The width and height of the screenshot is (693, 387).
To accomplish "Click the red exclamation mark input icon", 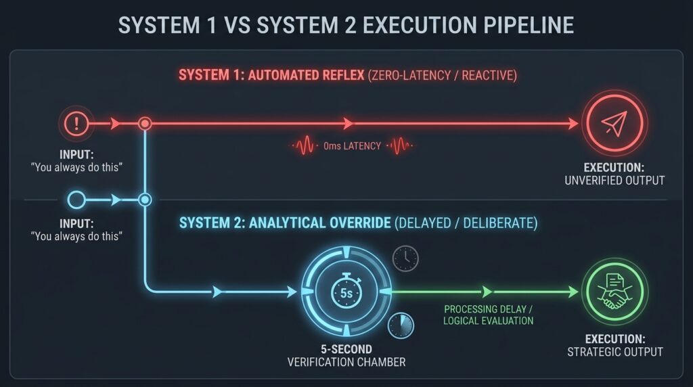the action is point(76,123).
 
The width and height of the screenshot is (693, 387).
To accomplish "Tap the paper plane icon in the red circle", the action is point(614,123).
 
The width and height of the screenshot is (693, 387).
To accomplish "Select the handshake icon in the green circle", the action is point(614,292).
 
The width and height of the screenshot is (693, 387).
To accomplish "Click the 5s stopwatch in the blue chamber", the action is point(346,292).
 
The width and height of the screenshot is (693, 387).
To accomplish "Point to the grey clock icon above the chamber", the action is point(405,258).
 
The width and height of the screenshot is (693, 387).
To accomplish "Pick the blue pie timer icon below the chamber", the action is point(401,325).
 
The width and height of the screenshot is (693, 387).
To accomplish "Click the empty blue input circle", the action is point(76,200).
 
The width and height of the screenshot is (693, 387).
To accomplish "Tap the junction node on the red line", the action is point(145,123).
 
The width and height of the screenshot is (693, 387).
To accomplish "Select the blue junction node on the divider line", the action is point(145,200).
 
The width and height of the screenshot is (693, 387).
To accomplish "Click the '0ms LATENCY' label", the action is point(352,146).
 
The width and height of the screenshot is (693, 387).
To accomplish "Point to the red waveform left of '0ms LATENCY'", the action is point(304,145).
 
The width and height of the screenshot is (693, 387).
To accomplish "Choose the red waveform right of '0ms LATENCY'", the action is point(400,145).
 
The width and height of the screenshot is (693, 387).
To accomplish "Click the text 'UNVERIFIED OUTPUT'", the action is point(614,181).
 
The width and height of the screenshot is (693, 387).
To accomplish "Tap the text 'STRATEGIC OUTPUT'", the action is point(614,352).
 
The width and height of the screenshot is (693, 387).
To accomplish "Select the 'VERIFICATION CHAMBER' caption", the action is point(346,362).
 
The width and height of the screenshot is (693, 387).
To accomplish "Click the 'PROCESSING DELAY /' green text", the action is point(489,309).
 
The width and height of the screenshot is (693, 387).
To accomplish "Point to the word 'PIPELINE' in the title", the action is point(529,25).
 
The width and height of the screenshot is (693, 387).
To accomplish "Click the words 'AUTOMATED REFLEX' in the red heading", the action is point(306,75).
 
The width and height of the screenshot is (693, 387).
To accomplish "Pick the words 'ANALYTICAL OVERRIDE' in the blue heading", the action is point(320,223).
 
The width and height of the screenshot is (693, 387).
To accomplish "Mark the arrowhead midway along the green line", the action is point(487,292).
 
